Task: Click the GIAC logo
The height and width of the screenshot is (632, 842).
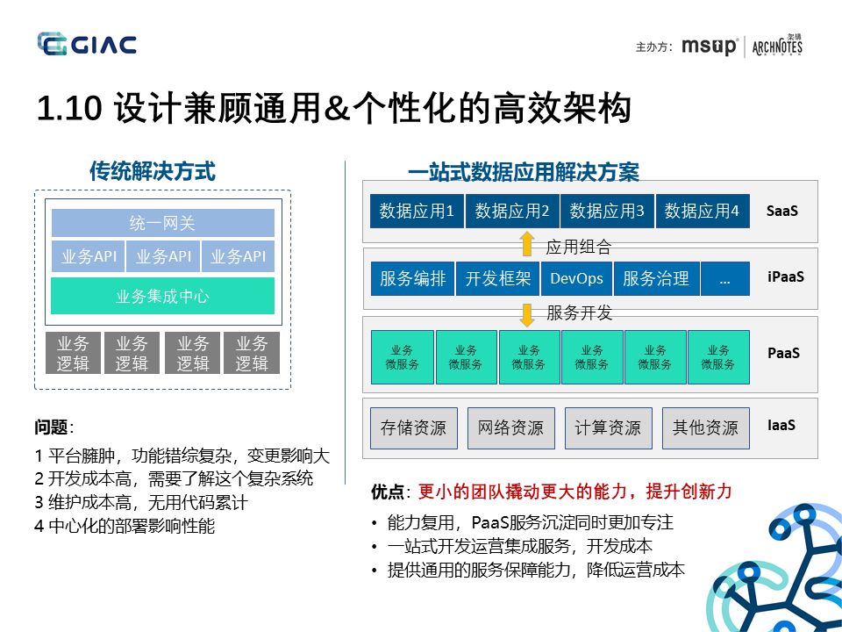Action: (87, 44)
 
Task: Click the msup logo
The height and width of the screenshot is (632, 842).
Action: (710, 46)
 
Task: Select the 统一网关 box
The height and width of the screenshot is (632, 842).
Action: (162, 223)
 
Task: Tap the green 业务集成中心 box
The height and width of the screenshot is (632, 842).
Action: (162, 296)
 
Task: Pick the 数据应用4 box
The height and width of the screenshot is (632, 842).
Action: (702, 211)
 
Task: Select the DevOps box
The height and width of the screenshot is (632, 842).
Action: (576, 278)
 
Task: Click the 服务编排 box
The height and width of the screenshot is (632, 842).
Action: (412, 278)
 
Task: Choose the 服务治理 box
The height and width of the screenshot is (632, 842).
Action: (656, 278)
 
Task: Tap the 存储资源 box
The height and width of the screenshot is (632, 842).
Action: (413, 427)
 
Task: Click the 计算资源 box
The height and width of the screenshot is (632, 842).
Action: (608, 427)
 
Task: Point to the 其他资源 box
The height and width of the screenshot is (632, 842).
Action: (705, 427)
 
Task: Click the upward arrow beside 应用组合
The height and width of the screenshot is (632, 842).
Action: (526, 243)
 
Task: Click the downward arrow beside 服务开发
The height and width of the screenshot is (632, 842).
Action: (526, 312)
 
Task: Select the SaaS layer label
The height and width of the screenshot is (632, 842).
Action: (781, 211)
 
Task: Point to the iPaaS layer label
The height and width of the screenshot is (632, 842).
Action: (785, 277)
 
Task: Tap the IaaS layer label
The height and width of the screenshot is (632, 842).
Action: (781, 425)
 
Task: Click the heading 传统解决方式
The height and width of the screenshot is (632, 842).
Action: (152, 171)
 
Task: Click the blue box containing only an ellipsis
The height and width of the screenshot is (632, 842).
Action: (724, 278)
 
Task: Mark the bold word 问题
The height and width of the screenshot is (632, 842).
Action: (52, 427)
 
